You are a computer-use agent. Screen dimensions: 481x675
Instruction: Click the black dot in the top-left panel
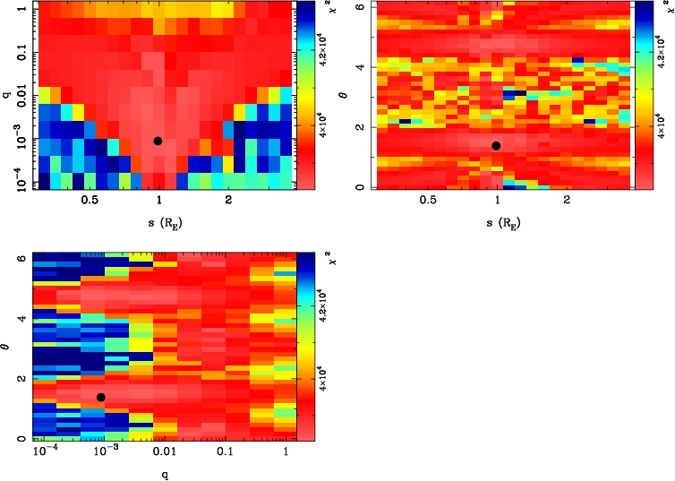point(158,141)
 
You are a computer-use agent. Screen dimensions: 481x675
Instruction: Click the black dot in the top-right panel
point(495,145)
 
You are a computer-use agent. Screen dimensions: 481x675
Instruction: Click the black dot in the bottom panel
point(101,397)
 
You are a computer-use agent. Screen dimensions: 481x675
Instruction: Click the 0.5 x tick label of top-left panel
point(90,202)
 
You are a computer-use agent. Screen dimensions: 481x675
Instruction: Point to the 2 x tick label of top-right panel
point(567,202)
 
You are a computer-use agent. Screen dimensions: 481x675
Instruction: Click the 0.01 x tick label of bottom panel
point(163,453)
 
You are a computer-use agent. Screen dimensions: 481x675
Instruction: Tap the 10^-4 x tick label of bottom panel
point(45,452)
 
